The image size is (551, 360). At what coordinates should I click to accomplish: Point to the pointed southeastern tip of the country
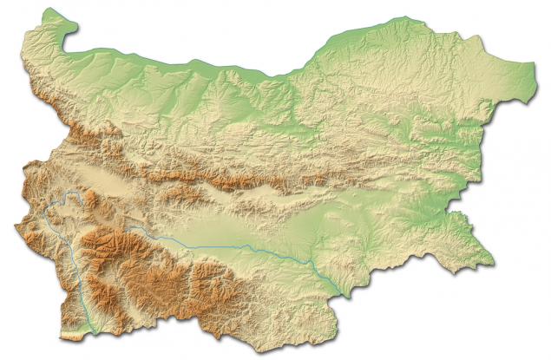tap(494, 258)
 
